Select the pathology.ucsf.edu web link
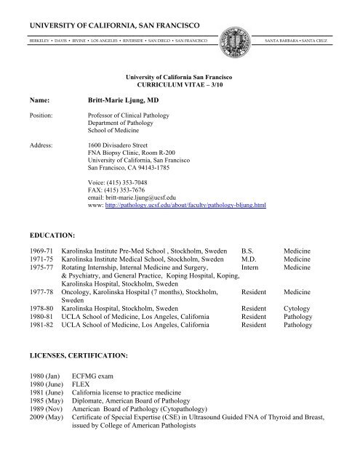coord(182,206)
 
